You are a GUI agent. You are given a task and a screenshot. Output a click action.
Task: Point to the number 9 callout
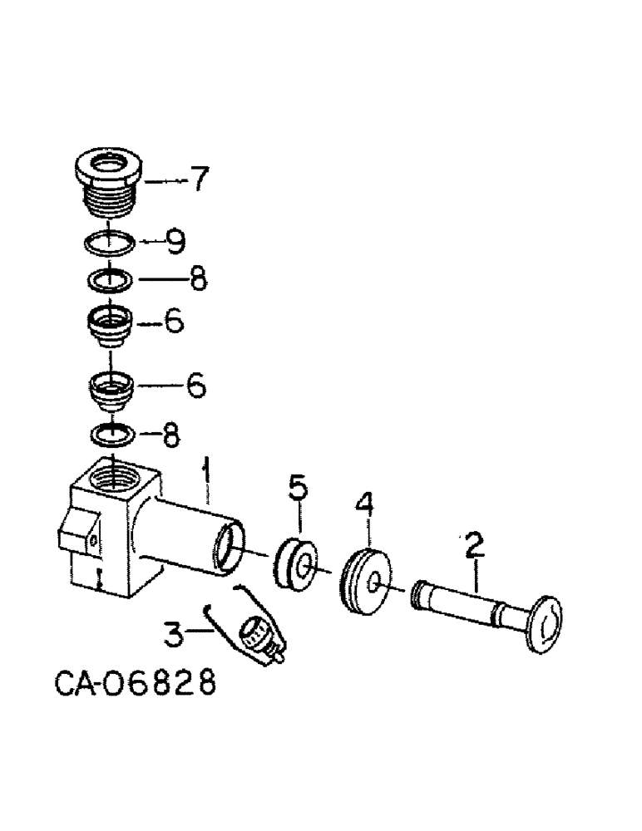pos(175,242)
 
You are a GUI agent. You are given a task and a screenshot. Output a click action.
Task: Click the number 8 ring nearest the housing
pos(111,433)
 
